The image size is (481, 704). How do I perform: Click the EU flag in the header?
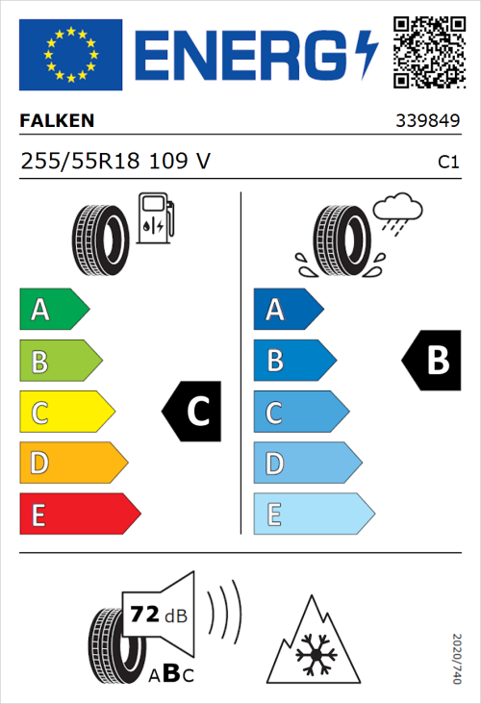point(71,55)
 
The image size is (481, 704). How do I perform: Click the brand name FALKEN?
point(57,121)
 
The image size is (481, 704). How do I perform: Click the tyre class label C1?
point(448,163)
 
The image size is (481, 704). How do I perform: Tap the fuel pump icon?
point(154,218)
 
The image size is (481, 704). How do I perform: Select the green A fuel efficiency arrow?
point(53,310)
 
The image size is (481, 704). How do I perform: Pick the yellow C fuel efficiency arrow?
point(65,413)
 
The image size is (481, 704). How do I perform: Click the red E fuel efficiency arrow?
point(79,515)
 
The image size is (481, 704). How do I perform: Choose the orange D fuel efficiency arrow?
point(72,464)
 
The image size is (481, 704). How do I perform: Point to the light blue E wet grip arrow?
point(313,515)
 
